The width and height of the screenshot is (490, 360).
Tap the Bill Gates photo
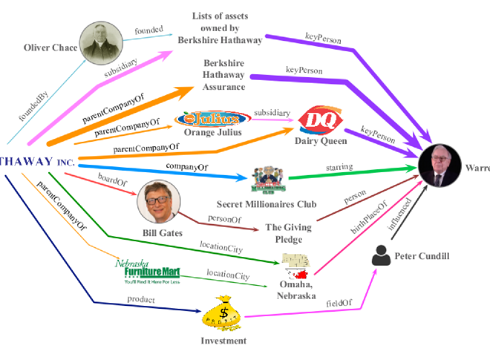pyautogui.click(x=158, y=202)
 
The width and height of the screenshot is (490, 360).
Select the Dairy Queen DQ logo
pyautogui.click(x=315, y=120)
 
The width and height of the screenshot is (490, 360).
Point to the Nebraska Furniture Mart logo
pyautogui.click(x=147, y=273)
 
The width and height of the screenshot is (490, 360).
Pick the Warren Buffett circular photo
pyautogui.click(x=441, y=166)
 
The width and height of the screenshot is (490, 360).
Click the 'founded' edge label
pyautogui.click(x=148, y=31)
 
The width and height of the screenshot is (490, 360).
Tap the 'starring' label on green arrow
pyautogui.click(x=339, y=167)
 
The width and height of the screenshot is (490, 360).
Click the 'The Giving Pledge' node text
pyautogui.click(x=288, y=233)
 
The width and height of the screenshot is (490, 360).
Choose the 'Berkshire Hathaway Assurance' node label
pyautogui.click(x=223, y=75)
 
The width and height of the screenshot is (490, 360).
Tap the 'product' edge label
pyautogui.click(x=141, y=298)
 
